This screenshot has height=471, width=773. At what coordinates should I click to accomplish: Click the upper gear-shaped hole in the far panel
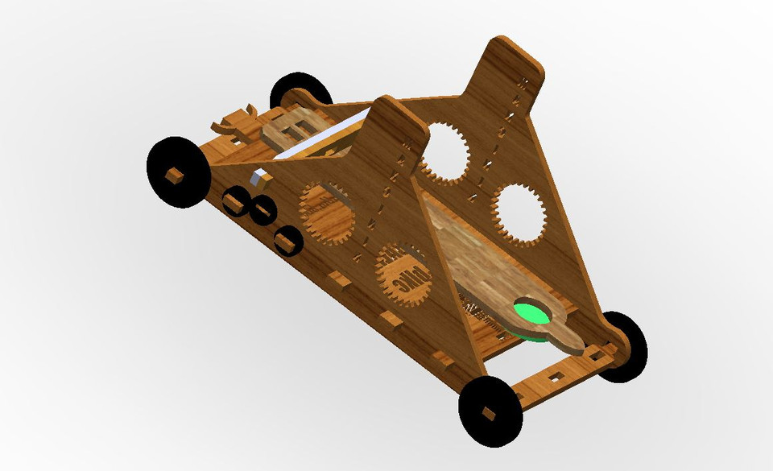[442, 151]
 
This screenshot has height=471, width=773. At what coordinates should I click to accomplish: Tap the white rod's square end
[259, 179]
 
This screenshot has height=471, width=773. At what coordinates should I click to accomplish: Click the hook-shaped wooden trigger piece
[233, 123]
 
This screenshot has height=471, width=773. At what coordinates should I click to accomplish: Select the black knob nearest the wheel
[234, 200]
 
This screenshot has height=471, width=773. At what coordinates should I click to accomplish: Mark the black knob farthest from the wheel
[287, 239]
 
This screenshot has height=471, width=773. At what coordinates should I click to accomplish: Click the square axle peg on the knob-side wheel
[172, 174]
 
